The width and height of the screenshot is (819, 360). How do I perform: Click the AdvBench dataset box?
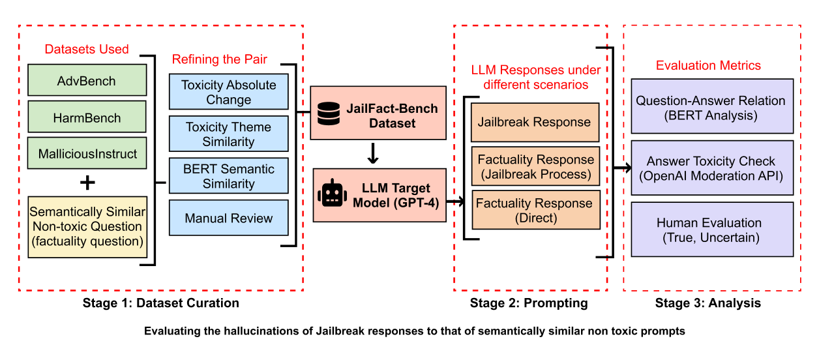87,82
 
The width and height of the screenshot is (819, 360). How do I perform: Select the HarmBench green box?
87,118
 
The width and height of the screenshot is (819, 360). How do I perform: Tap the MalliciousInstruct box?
87,155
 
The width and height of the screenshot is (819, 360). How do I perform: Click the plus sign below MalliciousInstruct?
87,183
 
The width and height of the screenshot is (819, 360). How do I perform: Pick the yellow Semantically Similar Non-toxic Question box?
87,227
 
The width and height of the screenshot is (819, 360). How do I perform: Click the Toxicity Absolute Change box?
228,92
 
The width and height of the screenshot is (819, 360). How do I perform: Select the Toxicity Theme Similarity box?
228,134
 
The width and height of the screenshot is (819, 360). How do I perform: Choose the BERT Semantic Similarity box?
228,176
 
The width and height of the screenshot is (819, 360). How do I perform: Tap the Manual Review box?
228,218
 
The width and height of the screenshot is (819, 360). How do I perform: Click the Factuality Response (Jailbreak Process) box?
535,167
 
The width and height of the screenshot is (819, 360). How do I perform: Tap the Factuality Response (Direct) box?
535,211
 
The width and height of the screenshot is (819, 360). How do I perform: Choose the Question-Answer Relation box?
711,108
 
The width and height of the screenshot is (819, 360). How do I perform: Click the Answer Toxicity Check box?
711,168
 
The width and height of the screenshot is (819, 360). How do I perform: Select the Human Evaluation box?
711,230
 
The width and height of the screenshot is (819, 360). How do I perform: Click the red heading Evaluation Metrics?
707,65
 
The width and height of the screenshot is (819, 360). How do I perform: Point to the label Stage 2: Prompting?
529,303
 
